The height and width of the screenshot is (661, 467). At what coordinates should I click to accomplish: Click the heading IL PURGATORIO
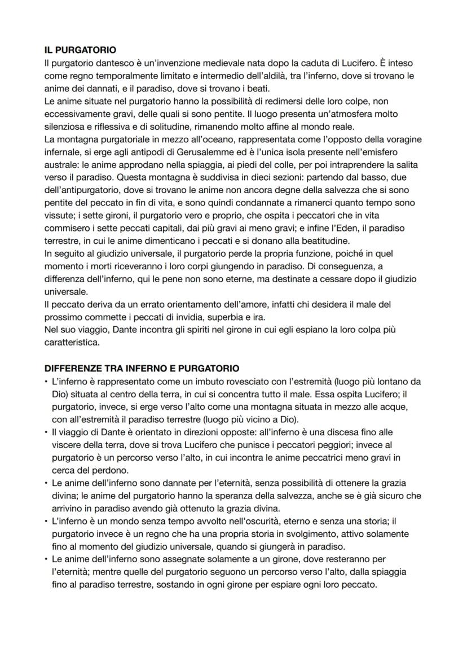(80, 50)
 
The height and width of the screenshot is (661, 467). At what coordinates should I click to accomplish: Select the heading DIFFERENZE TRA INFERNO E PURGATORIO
(142, 368)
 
